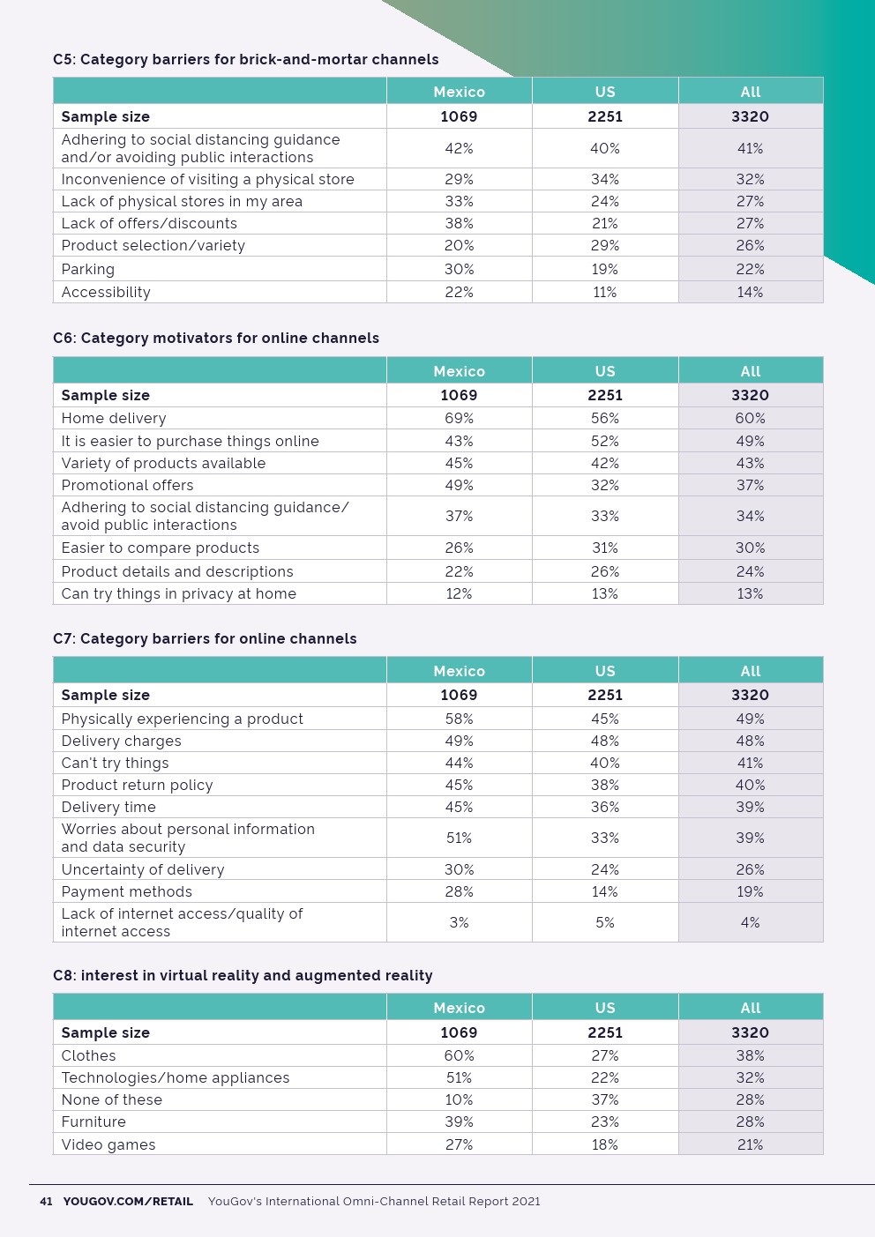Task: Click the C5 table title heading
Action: [245, 59]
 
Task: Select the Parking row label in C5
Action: [88, 269]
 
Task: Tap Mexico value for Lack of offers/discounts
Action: [459, 223]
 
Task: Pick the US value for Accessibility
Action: [605, 292]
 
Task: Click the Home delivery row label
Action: [114, 418]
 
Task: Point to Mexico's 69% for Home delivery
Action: [459, 418]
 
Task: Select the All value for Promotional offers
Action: [750, 485]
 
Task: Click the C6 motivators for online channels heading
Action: [216, 338]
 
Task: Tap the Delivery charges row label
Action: [122, 741]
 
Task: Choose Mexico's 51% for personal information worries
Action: [459, 838]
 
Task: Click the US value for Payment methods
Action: [605, 891]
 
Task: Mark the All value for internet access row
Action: [750, 922]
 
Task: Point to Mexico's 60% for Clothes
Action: [459, 1055]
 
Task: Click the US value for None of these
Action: [605, 1099]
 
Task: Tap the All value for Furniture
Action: [750, 1121]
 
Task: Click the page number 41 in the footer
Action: [46, 1201]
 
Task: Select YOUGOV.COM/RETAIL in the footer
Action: [128, 1201]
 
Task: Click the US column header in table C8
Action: [605, 1008]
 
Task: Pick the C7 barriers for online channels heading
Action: [205, 638]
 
